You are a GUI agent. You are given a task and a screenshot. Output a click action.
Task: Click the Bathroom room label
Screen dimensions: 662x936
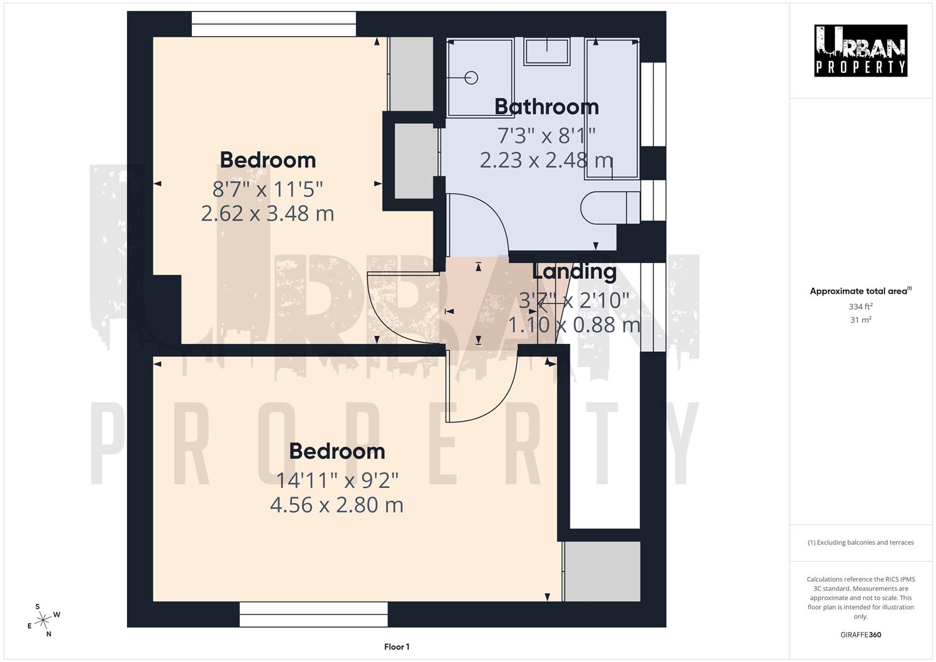pos(546,107)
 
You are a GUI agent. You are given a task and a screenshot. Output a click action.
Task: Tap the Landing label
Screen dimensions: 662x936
pos(574,271)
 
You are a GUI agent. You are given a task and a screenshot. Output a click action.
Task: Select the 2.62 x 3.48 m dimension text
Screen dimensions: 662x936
pos(267,213)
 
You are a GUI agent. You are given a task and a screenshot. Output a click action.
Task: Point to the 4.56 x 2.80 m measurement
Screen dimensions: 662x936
pos(337,505)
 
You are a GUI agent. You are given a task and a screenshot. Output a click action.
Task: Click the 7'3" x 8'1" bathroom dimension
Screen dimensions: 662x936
pos(546,134)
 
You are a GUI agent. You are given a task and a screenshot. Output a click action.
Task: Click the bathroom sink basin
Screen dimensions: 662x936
pos(547,51)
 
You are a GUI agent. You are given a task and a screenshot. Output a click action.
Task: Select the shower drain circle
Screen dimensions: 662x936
pos(471,78)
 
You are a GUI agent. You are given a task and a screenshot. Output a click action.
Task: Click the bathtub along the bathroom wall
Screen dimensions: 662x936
pos(612,109)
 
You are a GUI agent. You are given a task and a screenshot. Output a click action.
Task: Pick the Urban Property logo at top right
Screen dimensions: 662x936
pos(860,51)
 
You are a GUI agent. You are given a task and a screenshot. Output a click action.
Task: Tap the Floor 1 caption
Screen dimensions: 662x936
pos(397,647)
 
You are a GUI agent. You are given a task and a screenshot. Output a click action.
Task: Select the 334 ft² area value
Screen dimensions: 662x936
pos(861,306)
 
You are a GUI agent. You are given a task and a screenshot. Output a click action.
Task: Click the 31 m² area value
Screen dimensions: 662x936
pos(861,320)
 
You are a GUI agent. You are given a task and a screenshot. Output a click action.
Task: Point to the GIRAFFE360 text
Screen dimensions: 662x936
pos(861,634)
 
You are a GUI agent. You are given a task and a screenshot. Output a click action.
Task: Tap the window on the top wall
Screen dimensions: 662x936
pos(273,25)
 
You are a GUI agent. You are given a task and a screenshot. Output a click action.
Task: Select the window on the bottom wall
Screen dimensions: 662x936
pos(313,614)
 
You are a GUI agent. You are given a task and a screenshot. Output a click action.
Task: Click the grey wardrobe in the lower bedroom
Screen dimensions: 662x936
pos(602,571)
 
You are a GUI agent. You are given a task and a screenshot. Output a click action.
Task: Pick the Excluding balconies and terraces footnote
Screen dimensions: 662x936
pos(861,542)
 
